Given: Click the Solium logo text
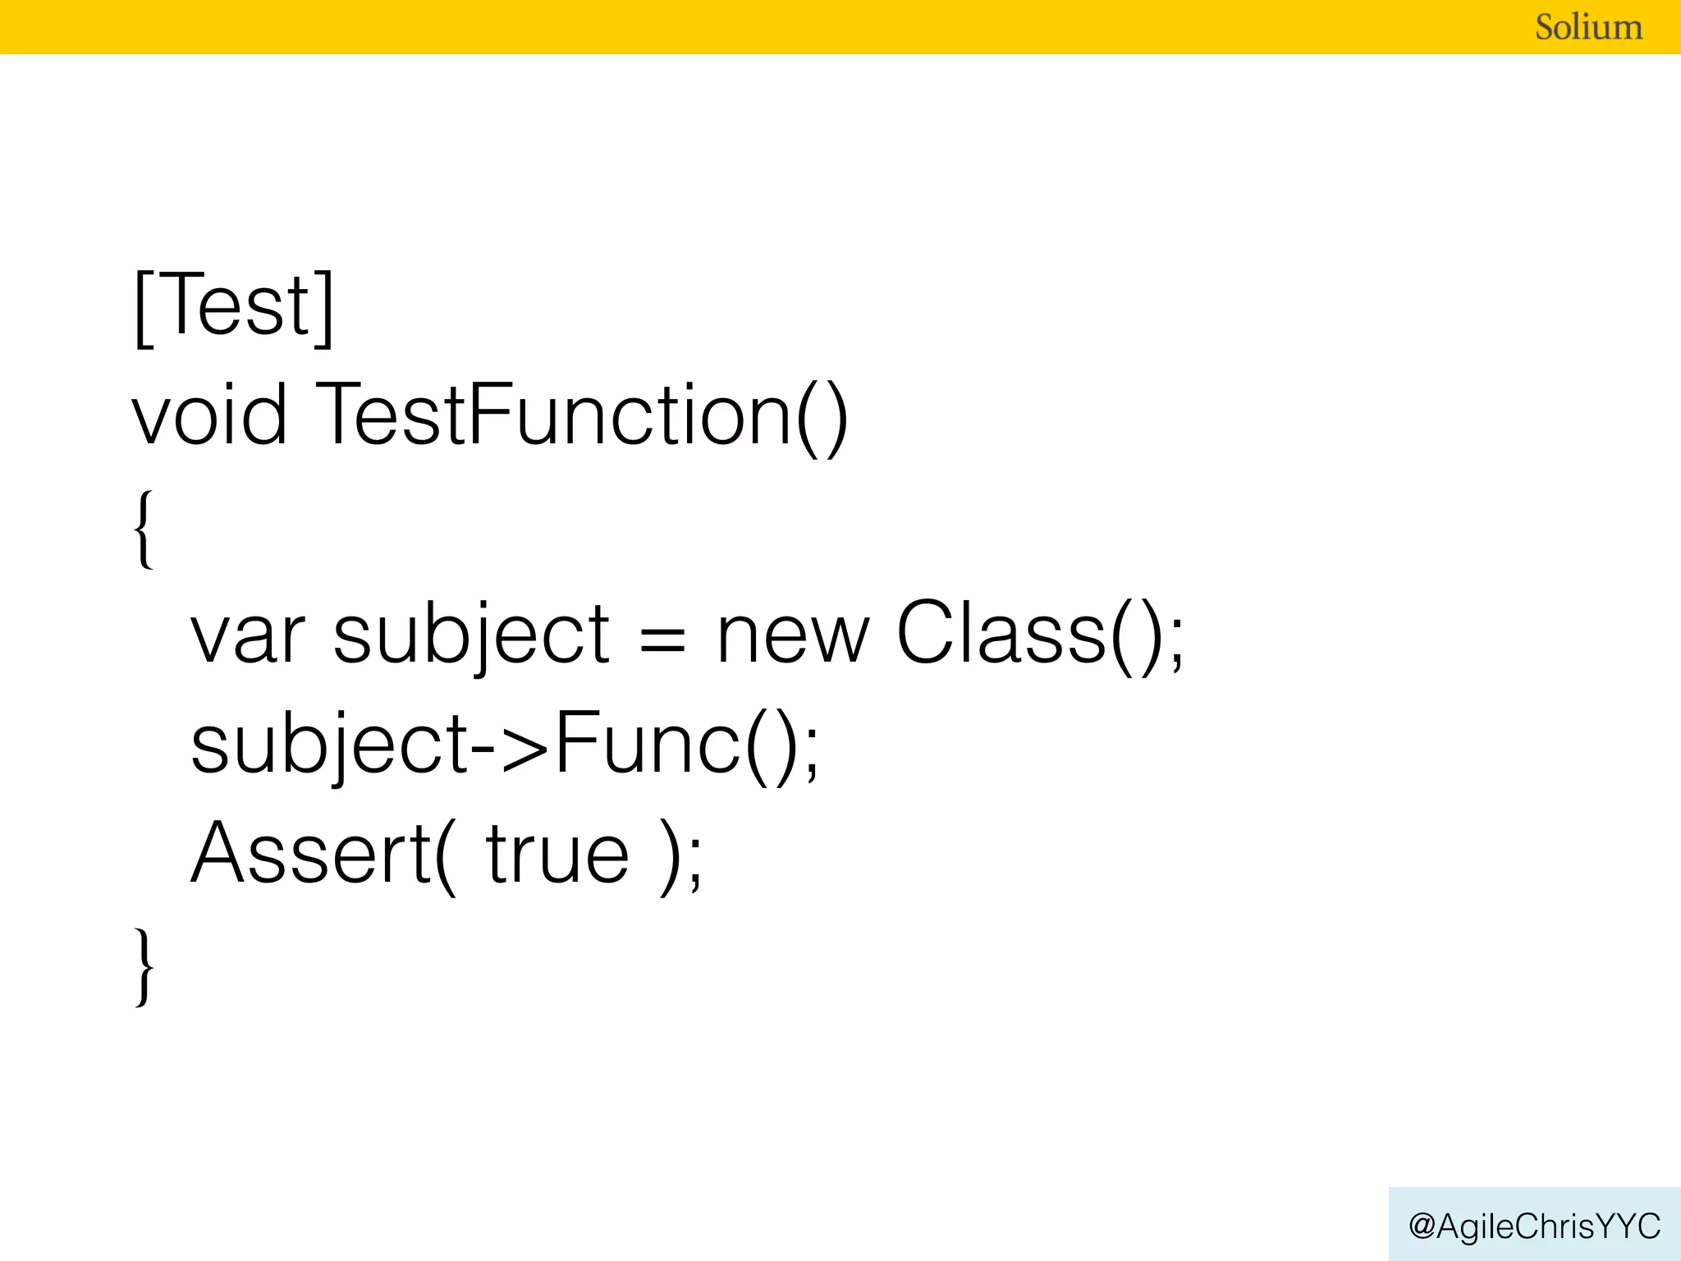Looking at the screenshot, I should pos(1588,27).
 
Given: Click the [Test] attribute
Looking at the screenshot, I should pos(234,306).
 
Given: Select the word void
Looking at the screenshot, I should pos(210,415).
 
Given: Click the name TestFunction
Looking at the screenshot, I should pos(554,415).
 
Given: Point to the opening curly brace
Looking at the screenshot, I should pos(144,528).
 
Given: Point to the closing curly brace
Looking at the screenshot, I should pos(144,966).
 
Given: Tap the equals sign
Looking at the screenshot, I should pos(662,638).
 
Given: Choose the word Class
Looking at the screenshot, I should pos(1001,632).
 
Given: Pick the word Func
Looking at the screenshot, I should pos(648,743).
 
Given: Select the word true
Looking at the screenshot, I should pos(558,854).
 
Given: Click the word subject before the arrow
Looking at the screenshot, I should pos(328,745).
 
